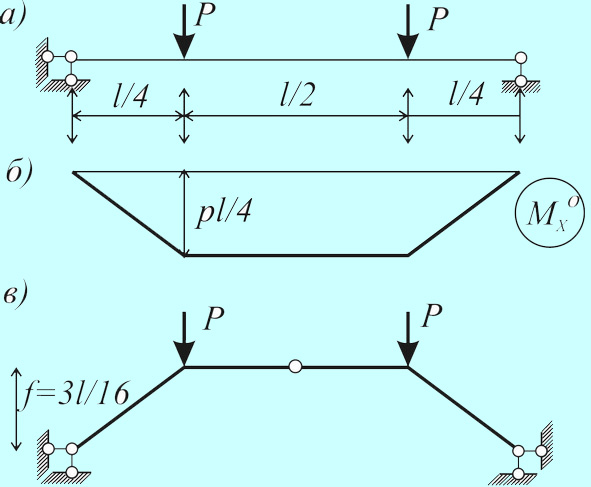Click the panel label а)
pyautogui.click(x=12, y=18)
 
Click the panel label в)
pyautogui.click(x=15, y=295)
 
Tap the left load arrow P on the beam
pyautogui.click(x=184, y=33)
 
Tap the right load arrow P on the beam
pyautogui.click(x=408, y=33)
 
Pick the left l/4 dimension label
pyautogui.click(x=130, y=96)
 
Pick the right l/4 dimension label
pyautogui.click(x=465, y=93)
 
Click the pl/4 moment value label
pyautogui.click(x=223, y=212)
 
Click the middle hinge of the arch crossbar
pyautogui.click(x=295, y=366)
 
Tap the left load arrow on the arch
pyautogui.click(x=184, y=339)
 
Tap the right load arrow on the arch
pyautogui.click(x=408, y=339)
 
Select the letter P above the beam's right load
pyautogui.click(x=438, y=18)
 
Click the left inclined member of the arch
pyautogui.click(x=129, y=407)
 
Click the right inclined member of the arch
pyautogui.click(x=463, y=408)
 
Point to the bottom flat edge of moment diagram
pyautogui.click(x=296, y=256)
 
